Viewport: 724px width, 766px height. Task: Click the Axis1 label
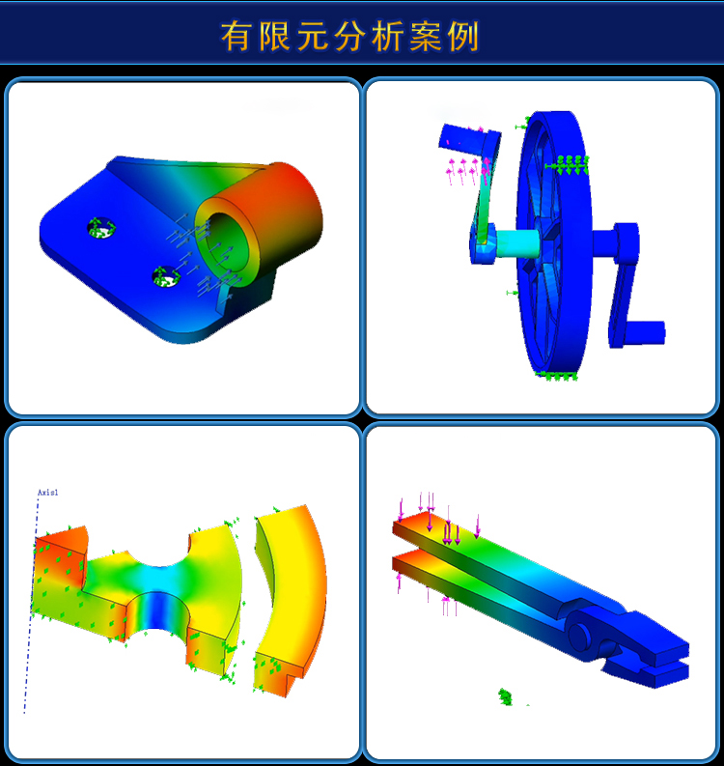tap(48, 493)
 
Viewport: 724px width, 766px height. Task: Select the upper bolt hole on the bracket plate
tap(99, 228)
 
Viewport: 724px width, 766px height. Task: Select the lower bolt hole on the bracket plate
tap(166, 278)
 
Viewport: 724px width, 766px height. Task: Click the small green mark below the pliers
tap(504, 695)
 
